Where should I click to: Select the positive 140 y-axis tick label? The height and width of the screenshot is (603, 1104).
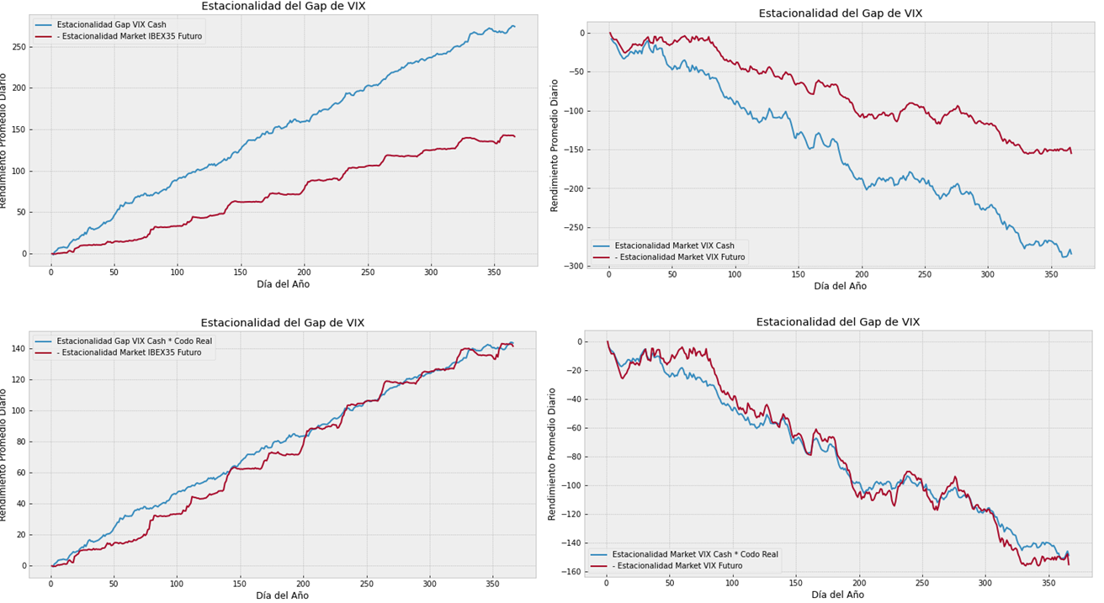point(16,349)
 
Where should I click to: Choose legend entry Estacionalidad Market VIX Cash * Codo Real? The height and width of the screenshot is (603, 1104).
point(695,554)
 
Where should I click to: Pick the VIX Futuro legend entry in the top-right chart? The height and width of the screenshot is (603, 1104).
point(680,257)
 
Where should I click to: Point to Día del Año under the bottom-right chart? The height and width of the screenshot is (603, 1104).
point(838,595)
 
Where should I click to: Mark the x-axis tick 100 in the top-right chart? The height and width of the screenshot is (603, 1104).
point(735,275)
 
